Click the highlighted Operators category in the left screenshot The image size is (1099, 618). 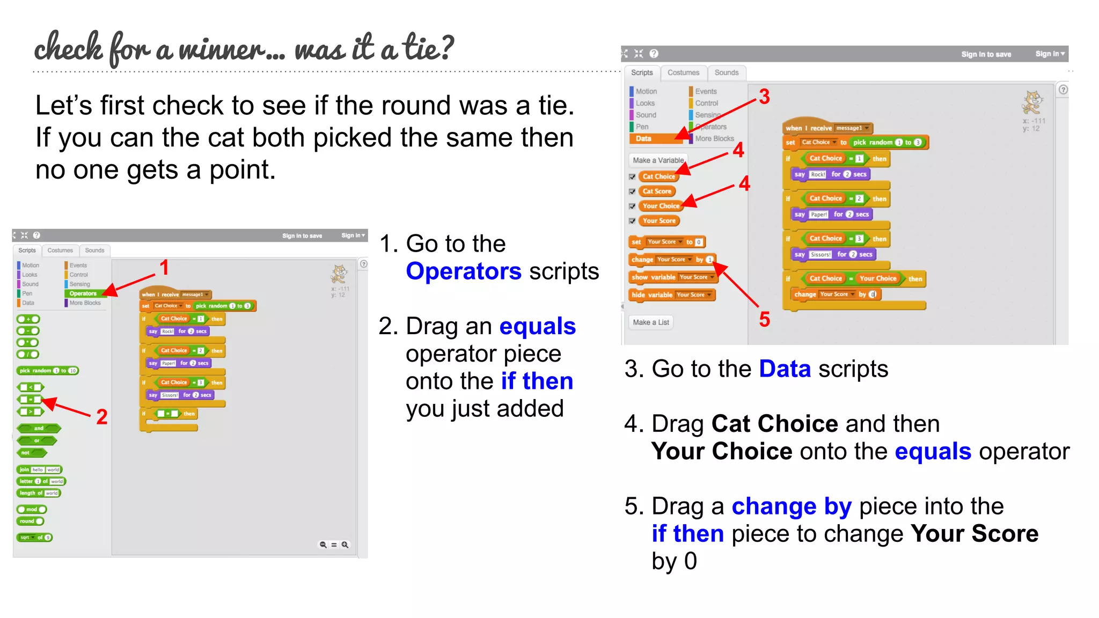tap(83, 293)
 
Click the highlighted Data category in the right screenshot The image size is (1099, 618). tap(644, 138)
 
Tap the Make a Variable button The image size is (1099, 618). tap(658, 160)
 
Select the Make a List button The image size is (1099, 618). tap(651, 322)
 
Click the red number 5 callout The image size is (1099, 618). tap(764, 320)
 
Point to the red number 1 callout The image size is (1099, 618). tap(164, 267)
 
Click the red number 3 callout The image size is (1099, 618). tap(764, 97)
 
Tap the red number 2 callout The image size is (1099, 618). tap(102, 417)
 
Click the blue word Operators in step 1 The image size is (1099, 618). tap(463, 271)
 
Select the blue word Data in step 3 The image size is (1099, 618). tap(785, 369)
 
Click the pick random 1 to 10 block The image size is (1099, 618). tap(48, 371)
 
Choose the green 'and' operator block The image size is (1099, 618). tap(39, 428)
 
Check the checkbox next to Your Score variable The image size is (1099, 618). tap(632, 221)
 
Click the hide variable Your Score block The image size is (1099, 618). tap(671, 295)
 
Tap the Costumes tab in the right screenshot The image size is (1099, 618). tap(683, 73)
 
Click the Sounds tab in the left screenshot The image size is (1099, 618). tap(94, 251)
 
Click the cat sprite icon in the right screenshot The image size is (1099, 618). tap(1032, 102)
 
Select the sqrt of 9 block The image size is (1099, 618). tap(35, 538)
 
